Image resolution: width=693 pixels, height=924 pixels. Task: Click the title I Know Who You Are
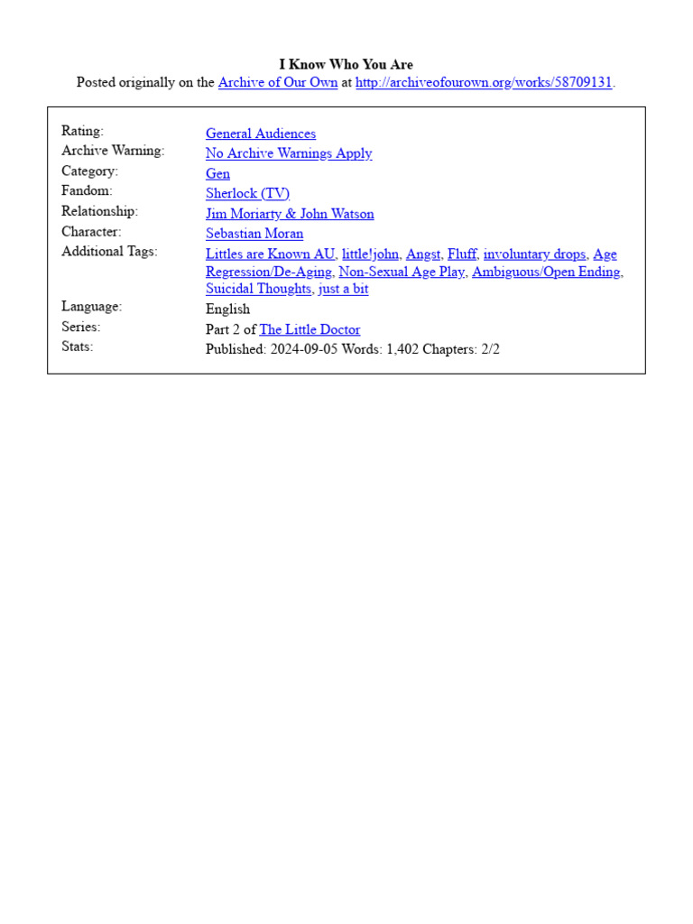[x=346, y=65]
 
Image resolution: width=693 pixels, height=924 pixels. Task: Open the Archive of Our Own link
[x=278, y=83]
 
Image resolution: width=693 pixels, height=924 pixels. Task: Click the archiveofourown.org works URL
[x=484, y=83]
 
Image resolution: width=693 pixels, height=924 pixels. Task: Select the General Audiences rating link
[x=261, y=134]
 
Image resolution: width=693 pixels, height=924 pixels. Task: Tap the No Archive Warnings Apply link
[x=289, y=153]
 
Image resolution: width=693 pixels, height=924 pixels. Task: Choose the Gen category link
[x=217, y=173]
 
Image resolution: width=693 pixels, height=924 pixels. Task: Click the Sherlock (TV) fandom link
[x=247, y=193]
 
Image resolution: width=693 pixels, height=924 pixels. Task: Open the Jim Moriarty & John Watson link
[x=290, y=214]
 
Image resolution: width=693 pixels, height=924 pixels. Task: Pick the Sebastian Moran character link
[x=254, y=234]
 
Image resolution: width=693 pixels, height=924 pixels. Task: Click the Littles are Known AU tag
[x=270, y=254]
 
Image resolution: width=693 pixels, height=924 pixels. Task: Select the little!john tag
[x=370, y=254]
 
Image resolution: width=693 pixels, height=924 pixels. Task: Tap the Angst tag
[x=423, y=254]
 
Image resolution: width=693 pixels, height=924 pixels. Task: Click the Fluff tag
[x=462, y=254]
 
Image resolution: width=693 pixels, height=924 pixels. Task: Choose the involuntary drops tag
[x=534, y=254]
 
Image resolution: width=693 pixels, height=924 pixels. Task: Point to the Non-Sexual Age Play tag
[x=401, y=272]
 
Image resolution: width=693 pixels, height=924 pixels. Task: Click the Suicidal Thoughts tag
[x=258, y=289]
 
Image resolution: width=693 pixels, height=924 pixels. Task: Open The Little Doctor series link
[x=310, y=329]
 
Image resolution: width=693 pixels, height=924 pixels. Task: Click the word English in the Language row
[x=227, y=309]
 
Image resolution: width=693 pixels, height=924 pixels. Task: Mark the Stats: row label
[x=78, y=346]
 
